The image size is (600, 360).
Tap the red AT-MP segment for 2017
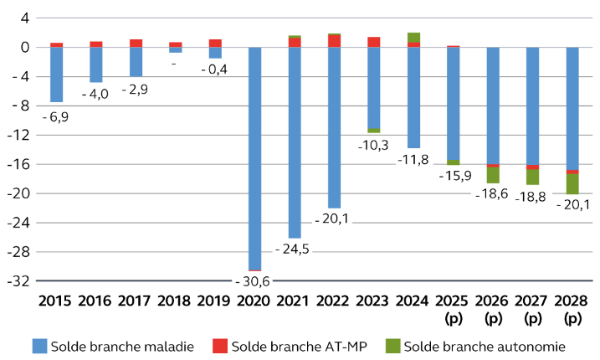pos(136,43)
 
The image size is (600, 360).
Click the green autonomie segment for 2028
pos(573,183)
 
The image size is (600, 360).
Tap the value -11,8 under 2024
pos(413,159)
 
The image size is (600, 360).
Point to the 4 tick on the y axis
pos(24,18)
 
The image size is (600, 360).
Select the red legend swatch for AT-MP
pos(220,346)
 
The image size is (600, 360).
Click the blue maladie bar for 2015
pos(57,75)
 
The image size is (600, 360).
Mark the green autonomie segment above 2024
pos(413,37)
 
